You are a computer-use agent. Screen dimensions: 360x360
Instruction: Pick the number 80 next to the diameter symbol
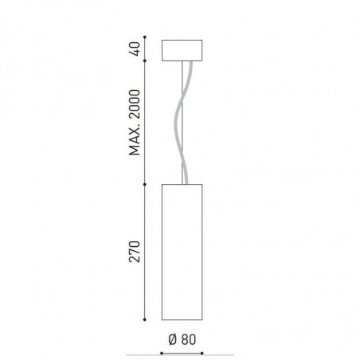click(188, 338)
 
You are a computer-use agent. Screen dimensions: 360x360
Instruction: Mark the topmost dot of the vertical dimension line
click(145, 38)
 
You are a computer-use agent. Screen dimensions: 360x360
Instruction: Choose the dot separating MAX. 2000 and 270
click(145, 185)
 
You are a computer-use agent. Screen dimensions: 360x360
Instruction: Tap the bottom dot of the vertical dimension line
click(145, 319)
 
